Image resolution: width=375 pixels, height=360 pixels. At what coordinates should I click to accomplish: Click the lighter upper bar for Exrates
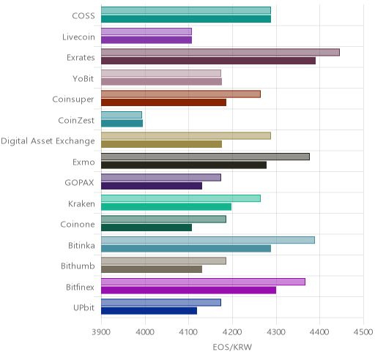pyautogui.click(x=220, y=53)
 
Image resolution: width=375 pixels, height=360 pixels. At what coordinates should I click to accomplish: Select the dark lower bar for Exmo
pyautogui.click(x=184, y=165)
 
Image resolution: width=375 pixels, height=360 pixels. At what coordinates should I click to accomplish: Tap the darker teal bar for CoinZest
pyautogui.click(x=122, y=124)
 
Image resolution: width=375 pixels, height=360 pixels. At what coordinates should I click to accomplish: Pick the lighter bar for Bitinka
pyautogui.click(x=208, y=240)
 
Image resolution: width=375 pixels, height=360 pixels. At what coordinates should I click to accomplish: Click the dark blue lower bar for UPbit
pyautogui.click(x=149, y=311)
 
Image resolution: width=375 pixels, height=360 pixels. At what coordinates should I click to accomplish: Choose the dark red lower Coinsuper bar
pyautogui.click(x=164, y=102)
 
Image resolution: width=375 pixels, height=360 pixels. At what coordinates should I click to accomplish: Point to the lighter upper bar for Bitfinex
pyautogui.click(x=203, y=282)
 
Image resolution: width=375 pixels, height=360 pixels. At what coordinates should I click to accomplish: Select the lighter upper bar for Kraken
pyautogui.click(x=181, y=198)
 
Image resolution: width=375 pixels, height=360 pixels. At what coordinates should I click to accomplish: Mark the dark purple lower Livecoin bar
pyautogui.click(x=146, y=40)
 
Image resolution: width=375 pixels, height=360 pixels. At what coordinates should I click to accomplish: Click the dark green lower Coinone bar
pyautogui.click(x=146, y=228)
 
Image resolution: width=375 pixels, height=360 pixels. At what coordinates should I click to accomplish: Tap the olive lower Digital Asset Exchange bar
pyautogui.click(x=162, y=144)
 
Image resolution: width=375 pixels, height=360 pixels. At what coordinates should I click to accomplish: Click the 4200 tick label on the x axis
pyautogui.click(x=232, y=332)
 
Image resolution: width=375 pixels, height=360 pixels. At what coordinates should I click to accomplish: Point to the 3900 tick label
pyautogui.click(x=101, y=332)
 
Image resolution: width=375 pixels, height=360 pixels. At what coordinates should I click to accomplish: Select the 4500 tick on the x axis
pyautogui.click(x=363, y=332)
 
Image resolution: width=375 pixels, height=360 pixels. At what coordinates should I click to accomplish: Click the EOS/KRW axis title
pyautogui.click(x=232, y=347)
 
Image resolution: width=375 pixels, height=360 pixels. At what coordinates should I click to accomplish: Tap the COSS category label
pyautogui.click(x=83, y=16)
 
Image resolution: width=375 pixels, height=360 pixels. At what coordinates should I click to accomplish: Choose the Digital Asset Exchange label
pyautogui.click(x=48, y=141)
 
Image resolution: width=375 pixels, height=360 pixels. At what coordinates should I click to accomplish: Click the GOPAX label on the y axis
pyautogui.click(x=80, y=183)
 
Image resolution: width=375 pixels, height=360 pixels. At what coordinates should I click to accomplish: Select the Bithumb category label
pyautogui.click(x=78, y=266)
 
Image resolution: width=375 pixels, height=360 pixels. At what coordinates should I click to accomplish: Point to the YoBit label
pyautogui.click(x=83, y=79)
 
